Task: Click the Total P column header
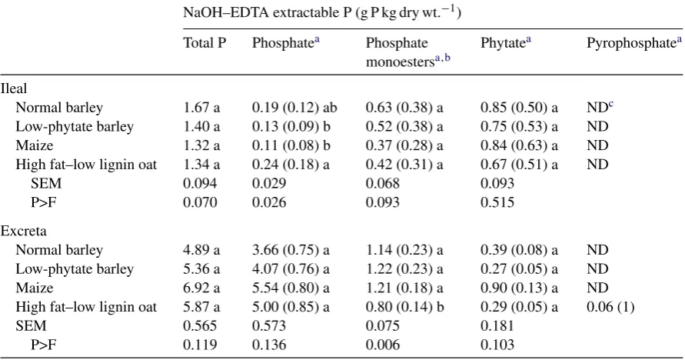point(205,43)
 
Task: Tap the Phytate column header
point(505,43)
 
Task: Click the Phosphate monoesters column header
point(408,52)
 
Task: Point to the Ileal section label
point(14,88)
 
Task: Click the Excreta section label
point(24,231)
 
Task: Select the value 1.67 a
point(201,108)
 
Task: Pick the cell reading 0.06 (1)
point(610,307)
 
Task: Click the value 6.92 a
point(201,288)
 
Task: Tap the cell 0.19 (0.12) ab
point(294,108)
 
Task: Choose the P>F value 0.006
point(383,345)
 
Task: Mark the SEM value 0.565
point(200,326)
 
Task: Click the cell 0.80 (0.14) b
point(404,307)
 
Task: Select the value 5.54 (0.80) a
point(291,288)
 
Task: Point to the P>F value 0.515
point(497,202)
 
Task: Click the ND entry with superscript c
point(600,107)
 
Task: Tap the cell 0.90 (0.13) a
point(519,288)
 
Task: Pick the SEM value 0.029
point(269,183)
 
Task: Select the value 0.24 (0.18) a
point(291,165)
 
